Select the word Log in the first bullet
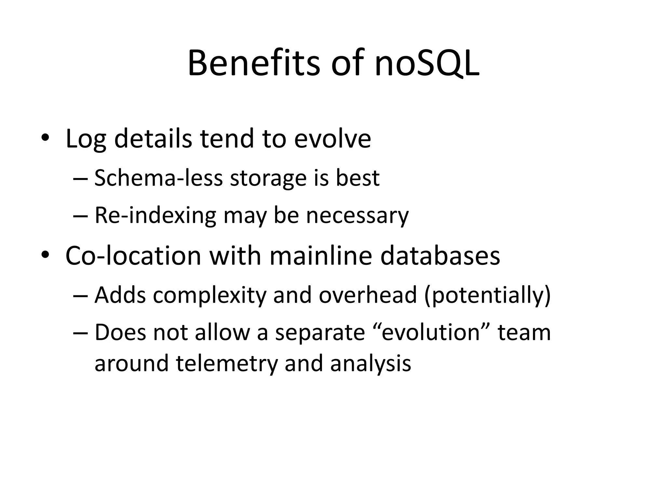click(x=86, y=139)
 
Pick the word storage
click(x=268, y=179)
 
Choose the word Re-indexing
click(x=155, y=216)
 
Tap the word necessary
click(x=357, y=216)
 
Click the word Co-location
click(x=133, y=256)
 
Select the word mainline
click(x=321, y=256)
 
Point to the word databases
click(x=440, y=256)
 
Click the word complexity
click(x=209, y=295)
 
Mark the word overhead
click(x=367, y=295)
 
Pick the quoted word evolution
click(x=431, y=333)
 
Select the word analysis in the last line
click(x=371, y=363)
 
